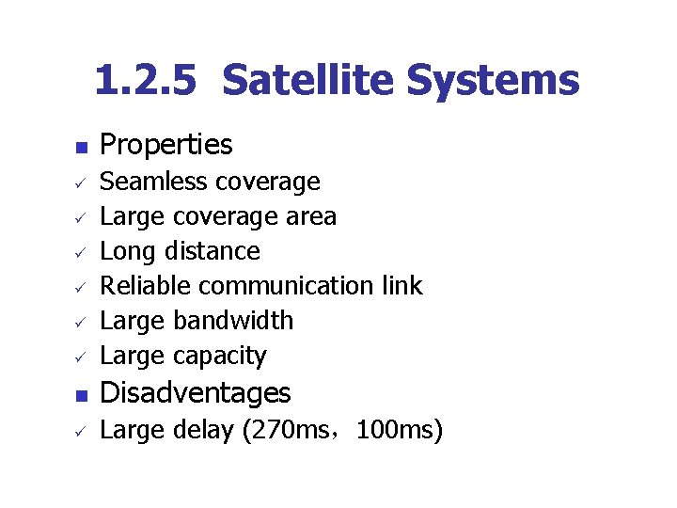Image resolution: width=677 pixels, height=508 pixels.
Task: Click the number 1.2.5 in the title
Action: click(x=146, y=81)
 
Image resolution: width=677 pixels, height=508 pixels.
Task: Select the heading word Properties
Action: click(x=165, y=145)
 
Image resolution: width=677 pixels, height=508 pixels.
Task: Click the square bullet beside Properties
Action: click(x=81, y=148)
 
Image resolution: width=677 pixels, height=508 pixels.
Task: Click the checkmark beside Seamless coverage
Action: click(x=81, y=183)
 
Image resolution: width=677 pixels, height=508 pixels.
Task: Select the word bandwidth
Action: click(x=233, y=320)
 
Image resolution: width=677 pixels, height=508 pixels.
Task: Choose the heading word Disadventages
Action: click(x=196, y=392)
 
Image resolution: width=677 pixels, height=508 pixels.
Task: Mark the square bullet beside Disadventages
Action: click(x=81, y=395)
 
